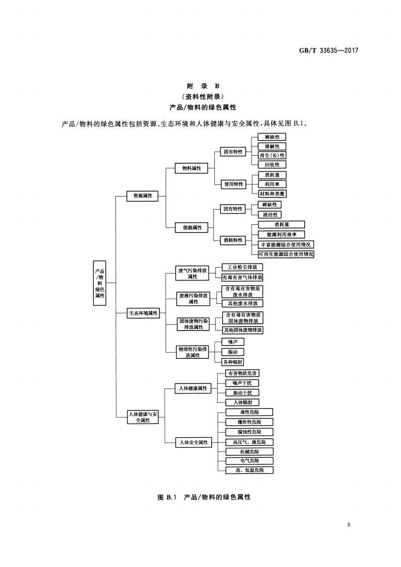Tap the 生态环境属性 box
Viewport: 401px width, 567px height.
click(x=143, y=313)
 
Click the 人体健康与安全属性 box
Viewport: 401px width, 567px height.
click(x=143, y=417)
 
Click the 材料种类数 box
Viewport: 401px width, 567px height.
click(x=272, y=194)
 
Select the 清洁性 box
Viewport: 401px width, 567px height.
click(x=269, y=214)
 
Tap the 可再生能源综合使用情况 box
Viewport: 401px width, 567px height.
click(x=285, y=254)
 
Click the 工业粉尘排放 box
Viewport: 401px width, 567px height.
click(x=242, y=267)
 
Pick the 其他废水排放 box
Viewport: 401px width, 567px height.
click(x=242, y=303)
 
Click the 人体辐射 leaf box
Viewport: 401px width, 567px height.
click(x=242, y=402)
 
